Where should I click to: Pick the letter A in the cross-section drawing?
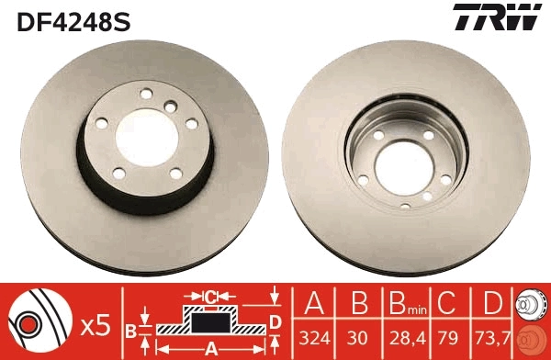point(210,349)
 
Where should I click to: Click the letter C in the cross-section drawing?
point(210,297)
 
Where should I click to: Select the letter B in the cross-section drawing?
point(130,330)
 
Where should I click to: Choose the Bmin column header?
point(402,303)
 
